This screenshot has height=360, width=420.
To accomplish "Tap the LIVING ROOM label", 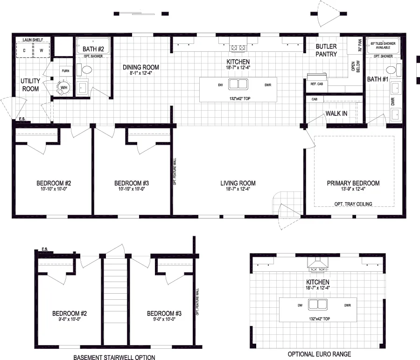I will coord(238,183).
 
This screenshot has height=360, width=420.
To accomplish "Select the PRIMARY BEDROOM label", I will coord(353,183).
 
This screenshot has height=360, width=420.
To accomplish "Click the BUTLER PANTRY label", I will coord(326,50).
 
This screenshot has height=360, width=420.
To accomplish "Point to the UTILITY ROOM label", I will coord(30,85).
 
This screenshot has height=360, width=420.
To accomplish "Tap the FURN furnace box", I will coord(65,71).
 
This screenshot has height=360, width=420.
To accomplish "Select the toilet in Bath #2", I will coord(87,70).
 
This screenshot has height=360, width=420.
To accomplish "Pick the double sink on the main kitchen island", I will coord(238,85).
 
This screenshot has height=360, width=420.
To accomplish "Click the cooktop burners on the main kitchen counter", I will coord(238,47).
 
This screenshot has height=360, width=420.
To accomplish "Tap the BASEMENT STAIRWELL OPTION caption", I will coord(114,357).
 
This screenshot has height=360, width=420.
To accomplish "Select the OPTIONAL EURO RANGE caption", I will coord(319,354).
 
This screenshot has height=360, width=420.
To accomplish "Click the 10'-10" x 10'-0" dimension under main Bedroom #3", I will coord(132,190).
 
